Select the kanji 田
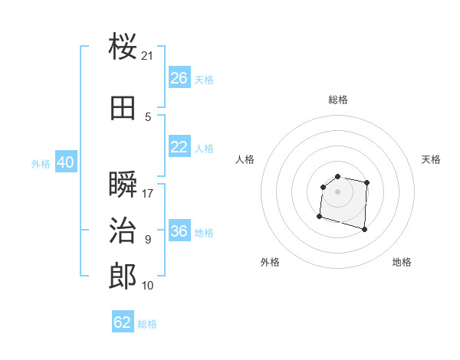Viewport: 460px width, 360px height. [123, 108]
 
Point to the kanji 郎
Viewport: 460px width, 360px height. [123, 276]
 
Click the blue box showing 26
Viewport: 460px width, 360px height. [179, 78]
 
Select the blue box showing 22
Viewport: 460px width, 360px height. [179, 147]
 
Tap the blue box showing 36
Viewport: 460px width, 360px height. [179, 231]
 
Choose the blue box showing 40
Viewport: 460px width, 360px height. [65, 162]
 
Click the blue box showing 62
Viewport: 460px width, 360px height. [123, 322]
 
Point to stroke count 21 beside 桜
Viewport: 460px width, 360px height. [148, 56]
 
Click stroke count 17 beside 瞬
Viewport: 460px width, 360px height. [148, 194]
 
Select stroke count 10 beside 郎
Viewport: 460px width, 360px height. [148, 286]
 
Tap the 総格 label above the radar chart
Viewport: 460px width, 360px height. [337, 100]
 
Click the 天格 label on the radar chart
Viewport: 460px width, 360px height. [431, 159]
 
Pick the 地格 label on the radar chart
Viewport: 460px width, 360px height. [402, 262]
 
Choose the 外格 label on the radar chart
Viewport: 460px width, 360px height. [270, 262]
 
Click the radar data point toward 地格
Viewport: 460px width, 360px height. [364, 229]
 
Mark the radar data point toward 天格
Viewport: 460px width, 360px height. [367, 182]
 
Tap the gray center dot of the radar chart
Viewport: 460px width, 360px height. [337, 191]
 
